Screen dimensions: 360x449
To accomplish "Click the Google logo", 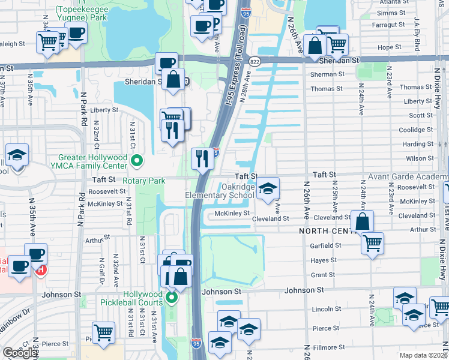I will point(19,353).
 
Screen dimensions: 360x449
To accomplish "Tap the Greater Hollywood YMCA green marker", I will point(137,160).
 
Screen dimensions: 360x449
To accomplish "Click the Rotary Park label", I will point(143,180).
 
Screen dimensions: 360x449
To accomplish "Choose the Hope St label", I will point(390,47).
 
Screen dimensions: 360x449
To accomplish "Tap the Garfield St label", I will point(326,245).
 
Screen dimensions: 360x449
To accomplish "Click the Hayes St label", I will point(323,260).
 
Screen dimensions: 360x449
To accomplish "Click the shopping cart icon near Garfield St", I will point(372,243).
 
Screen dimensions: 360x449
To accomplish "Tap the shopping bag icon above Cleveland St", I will point(362,221).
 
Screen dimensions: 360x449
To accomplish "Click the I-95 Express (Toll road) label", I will point(232,66).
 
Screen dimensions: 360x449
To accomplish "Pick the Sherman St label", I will point(327,74).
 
